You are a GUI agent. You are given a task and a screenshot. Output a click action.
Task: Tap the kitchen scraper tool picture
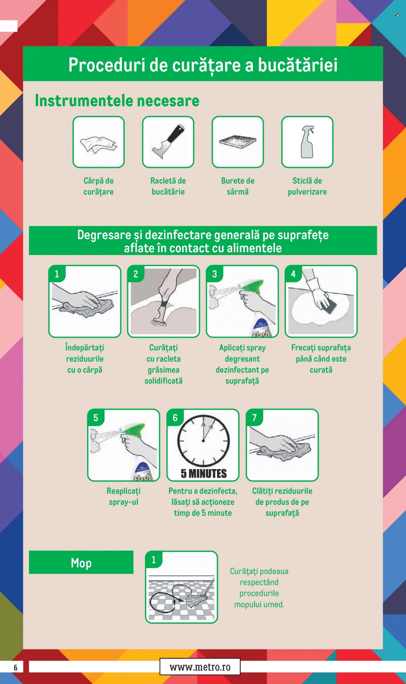click(x=168, y=142)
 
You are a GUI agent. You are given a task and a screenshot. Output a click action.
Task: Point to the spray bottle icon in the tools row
click(x=307, y=142)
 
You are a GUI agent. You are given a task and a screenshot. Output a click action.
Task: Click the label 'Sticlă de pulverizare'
click(x=307, y=186)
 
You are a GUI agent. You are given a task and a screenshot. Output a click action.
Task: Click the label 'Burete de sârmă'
click(x=238, y=186)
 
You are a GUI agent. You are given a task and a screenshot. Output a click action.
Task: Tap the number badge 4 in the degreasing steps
click(x=293, y=274)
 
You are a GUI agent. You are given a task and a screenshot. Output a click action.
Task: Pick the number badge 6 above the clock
click(x=175, y=417)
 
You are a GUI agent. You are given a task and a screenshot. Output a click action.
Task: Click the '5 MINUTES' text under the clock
click(x=204, y=474)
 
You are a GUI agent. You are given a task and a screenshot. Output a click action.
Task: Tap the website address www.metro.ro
click(x=200, y=667)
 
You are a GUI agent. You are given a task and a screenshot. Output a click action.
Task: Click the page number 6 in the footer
click(x=15, y=667)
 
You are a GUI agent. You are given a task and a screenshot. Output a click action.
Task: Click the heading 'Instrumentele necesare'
click(x=117, y=101)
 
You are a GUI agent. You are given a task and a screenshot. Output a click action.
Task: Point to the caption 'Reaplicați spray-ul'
click(x=124, y=496)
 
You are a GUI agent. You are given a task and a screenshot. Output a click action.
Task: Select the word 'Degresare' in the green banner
click(x=104, y=235)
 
